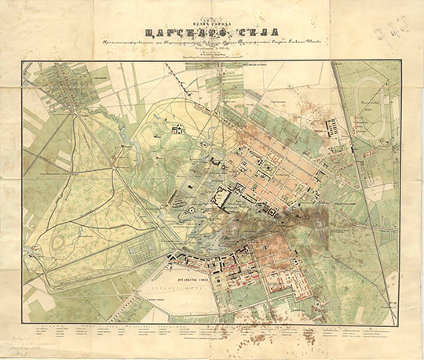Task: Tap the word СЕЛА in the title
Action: point(254,32)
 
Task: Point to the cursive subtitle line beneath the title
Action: point(212,43)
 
